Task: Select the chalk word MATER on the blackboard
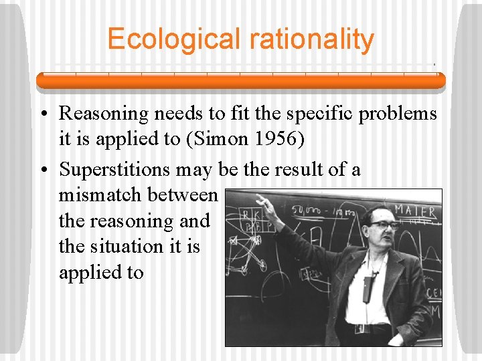pos(415,211)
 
